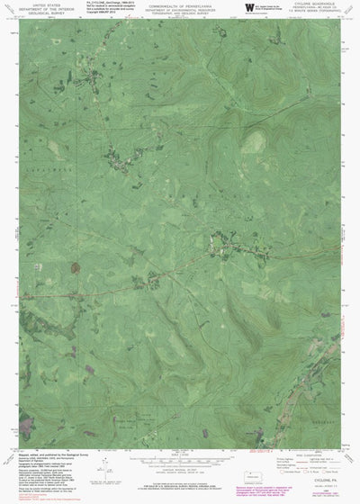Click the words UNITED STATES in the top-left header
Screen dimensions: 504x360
[40, 4]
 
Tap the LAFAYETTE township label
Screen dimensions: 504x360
[54, 168]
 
